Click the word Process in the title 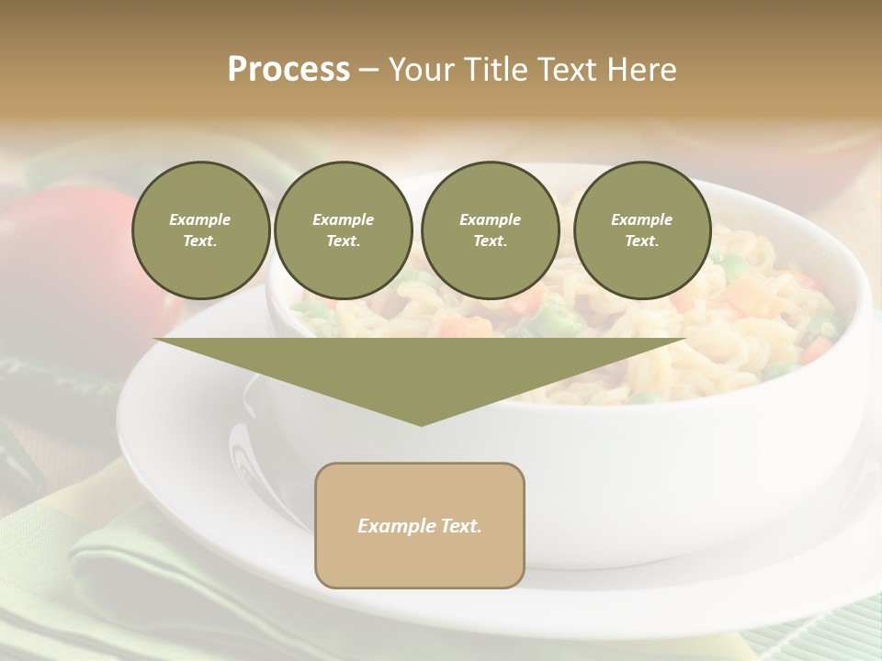point(288,70)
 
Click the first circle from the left point(201,230)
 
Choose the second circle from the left point(344,230)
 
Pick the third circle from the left point(491,230)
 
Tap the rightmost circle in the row point(642,230)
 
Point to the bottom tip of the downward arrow point(421,423)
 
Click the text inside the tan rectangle point(420,526)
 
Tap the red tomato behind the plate point(55,248)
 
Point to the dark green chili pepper point(23,459)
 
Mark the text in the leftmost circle point(200,230)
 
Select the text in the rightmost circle point(641,230)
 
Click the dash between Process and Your point(368,70)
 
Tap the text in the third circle point(490,230)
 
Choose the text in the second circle point(343,230)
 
